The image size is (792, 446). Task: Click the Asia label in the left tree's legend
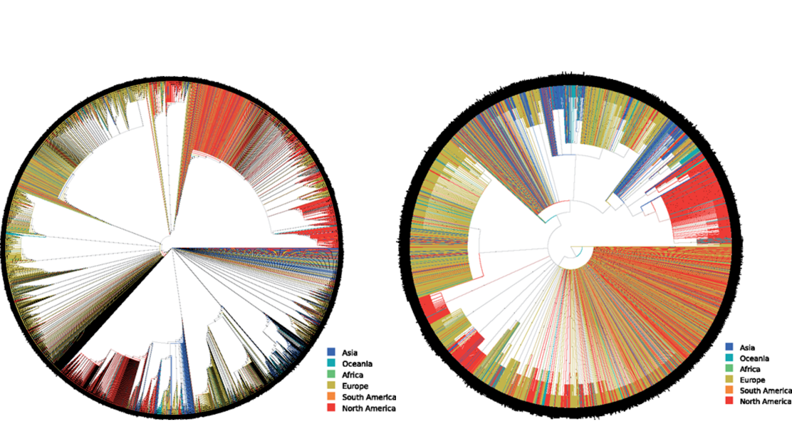349,353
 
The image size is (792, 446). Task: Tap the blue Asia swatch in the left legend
331,352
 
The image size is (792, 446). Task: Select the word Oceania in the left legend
357,364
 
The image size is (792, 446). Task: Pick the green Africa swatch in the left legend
331,375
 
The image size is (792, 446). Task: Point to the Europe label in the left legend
355,386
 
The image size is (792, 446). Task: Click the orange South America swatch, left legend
331,396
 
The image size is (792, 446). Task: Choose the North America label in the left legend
369,408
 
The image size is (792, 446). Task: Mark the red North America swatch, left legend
331,407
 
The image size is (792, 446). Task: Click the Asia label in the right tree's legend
747,348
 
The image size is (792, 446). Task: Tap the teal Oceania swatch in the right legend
729,358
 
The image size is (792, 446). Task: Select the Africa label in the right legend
750,369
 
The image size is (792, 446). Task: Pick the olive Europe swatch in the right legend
729,379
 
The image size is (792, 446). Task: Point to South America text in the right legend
765,390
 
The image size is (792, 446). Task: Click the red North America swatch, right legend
729,400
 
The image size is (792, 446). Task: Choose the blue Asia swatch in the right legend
729,347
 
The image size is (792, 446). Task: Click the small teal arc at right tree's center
578,254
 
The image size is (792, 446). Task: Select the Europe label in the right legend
752,380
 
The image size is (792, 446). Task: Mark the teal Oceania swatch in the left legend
331,363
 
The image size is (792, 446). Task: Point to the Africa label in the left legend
352,375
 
